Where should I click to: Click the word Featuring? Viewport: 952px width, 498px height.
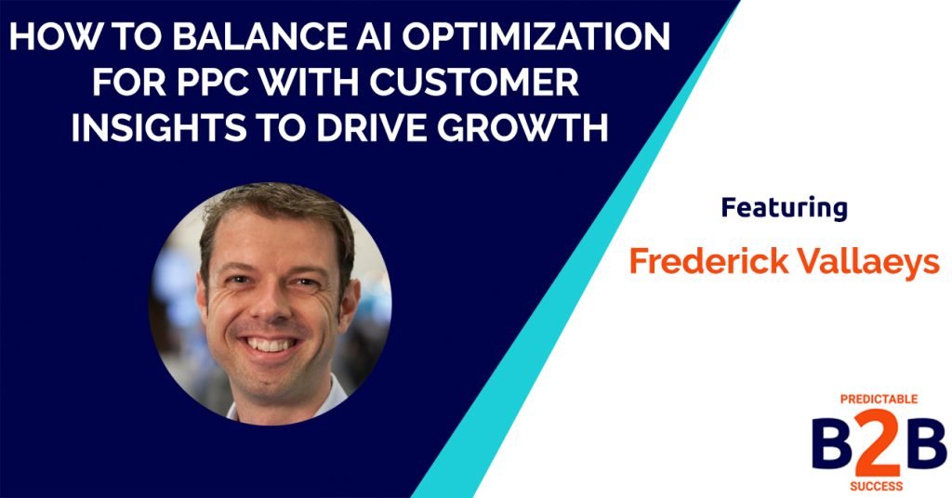tap(784, 208)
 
